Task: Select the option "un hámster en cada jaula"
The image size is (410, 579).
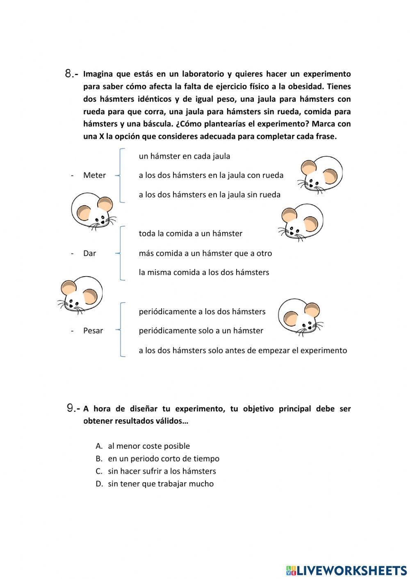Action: pyautogui.click(x=184, y=156)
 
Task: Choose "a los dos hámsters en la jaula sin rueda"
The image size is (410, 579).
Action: pyautogui.click(x=209, y=195)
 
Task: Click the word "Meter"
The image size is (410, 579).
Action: pyautogui.click(x=94, y=175)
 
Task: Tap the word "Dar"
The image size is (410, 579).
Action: pyautogui.click(x=89, y=253)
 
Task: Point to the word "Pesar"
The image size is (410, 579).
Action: pyautogui.click(x=93, y=331)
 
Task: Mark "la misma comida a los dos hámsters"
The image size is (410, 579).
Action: pyautogui.click(x=204, y=272)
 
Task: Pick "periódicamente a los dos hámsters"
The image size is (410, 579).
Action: pyautogui.click(x=202, y=312)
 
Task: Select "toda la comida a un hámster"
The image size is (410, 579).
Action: pyautogui.click(x=190, y=234)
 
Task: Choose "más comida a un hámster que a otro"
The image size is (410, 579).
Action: pyautogui.click(x=205, y=253)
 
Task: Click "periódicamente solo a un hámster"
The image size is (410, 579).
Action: pyautogui.click(x=201, y=331)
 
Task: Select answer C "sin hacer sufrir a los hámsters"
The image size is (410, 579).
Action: pyautogui.click(x=162, y=471)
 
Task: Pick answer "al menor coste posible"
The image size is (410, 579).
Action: pyautogui.click(x=148, y=446)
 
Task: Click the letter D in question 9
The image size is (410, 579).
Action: pyautogui.click(x=99, y=484)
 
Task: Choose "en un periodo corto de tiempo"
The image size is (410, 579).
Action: pyautogui.click(x=163, y=459)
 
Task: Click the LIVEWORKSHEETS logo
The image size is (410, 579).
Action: pyautogui.click(x=346, y=570)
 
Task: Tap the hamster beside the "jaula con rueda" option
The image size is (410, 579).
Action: pyautogui.click(x=320, y=174)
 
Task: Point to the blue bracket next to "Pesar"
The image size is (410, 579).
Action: pyautogui.click(x=121, y=330)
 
